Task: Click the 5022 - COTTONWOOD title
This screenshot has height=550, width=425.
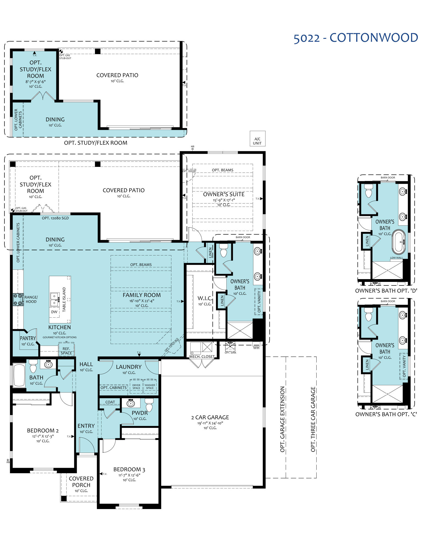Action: click(356, 38)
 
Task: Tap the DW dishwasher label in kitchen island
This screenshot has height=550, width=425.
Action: click(54, 312)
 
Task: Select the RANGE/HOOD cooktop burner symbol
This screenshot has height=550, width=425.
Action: click(18, 300)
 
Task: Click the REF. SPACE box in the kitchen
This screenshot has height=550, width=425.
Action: click(66, 351)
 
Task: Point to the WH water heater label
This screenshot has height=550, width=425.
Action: click(256, 348)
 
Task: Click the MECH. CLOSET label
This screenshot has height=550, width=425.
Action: click(202, 357)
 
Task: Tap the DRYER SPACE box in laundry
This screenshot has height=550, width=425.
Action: click(136, 387)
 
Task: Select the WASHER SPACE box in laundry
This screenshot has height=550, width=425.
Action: click(150, 387)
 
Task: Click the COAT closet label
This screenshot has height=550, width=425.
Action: click(110, 402)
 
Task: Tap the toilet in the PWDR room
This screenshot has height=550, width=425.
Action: click(149, 405)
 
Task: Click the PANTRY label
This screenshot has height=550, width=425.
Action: click(28, 338)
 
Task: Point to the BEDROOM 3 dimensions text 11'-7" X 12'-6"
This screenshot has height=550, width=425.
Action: click(129, 475)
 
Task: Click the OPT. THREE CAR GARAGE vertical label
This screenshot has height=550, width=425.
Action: click(313, 419)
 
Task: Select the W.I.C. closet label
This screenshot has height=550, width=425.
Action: click(205, 298)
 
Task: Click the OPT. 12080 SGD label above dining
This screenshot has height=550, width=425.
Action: click(55, 218)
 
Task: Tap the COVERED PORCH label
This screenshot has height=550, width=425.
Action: click(81, 482)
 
